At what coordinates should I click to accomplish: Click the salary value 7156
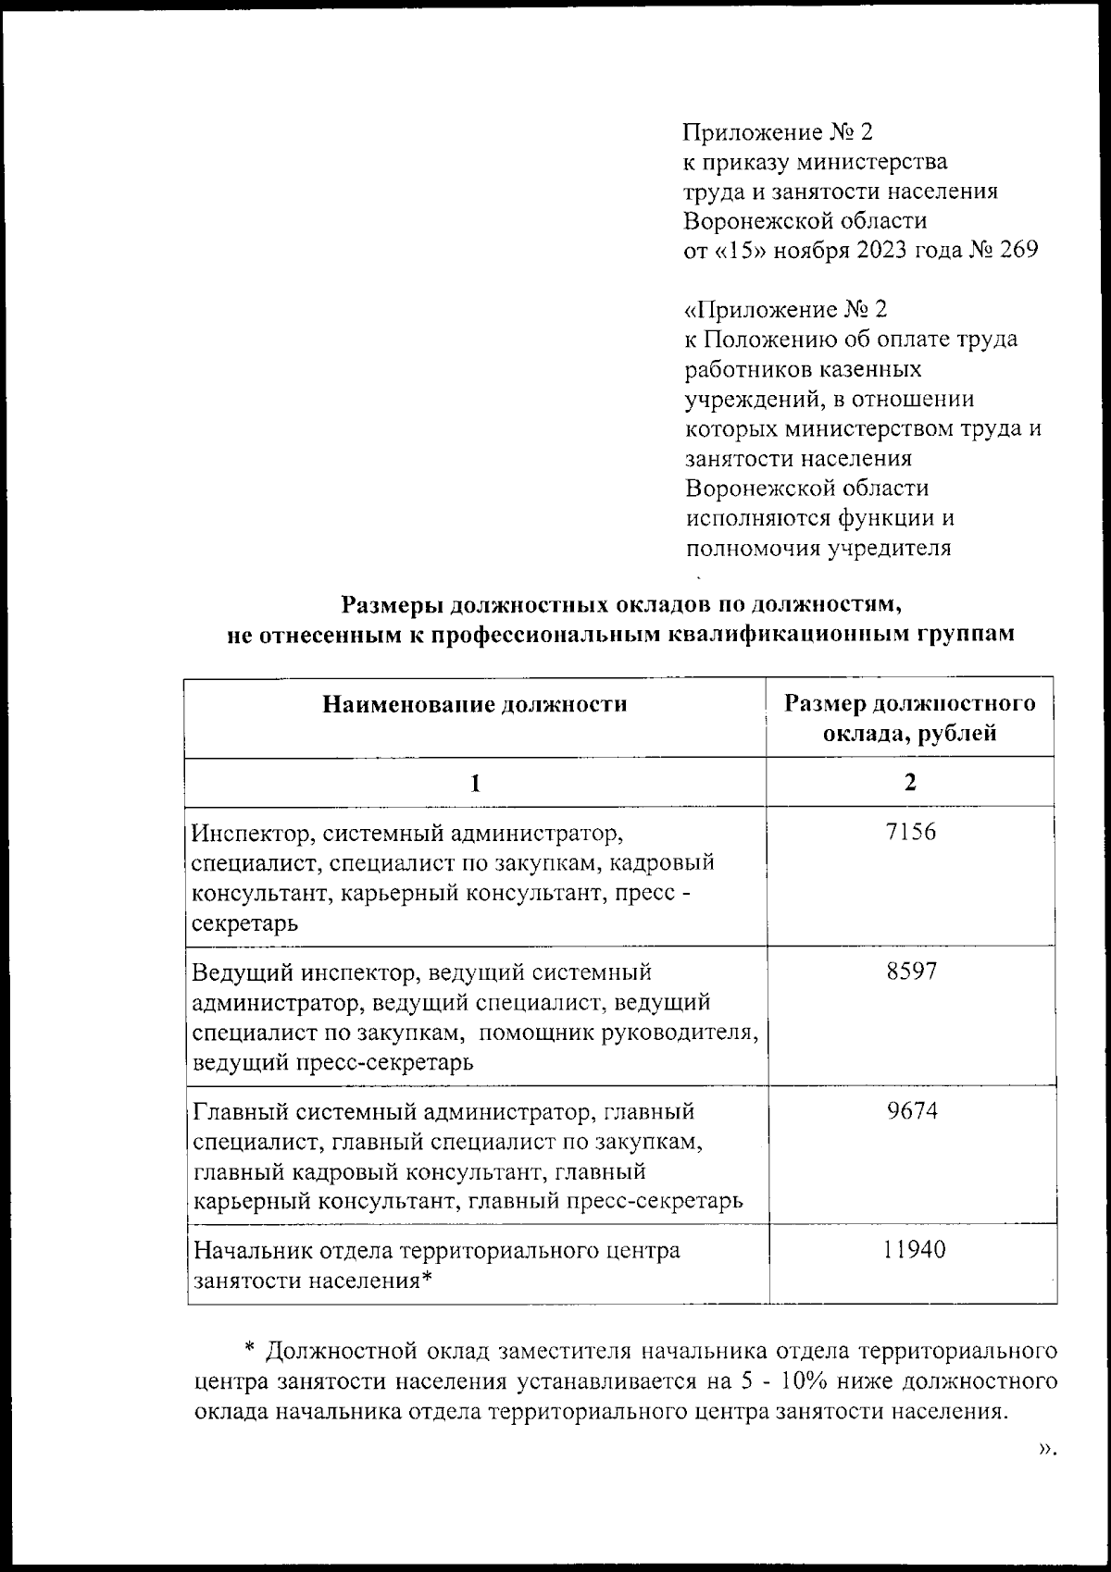(x=910, y=832)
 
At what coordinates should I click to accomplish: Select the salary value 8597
(x=910, y=972)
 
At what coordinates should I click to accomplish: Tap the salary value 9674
(x=911, y=1110)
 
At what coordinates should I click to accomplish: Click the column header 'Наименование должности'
(x=475, y=704)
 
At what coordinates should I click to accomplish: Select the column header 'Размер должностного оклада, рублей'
(x=910, y=719)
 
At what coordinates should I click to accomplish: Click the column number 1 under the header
(x=475, y=783)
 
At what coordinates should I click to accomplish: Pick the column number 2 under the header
(x=910, y=783)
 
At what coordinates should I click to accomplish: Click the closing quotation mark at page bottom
(x=1046, y=1449)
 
